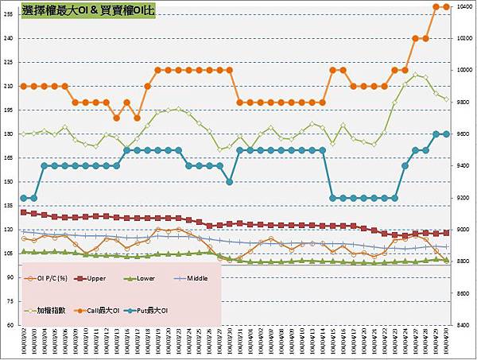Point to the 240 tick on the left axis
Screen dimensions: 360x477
[x=9, y=38]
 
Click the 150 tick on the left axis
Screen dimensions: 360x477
[x=9, y=182]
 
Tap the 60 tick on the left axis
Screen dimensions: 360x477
[x=9, y=325]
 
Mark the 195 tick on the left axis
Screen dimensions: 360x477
[x=9, y=110]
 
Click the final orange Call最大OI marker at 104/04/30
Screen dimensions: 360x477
[x=446, y=6]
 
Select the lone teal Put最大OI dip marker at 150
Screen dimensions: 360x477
[x=230, y=182]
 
